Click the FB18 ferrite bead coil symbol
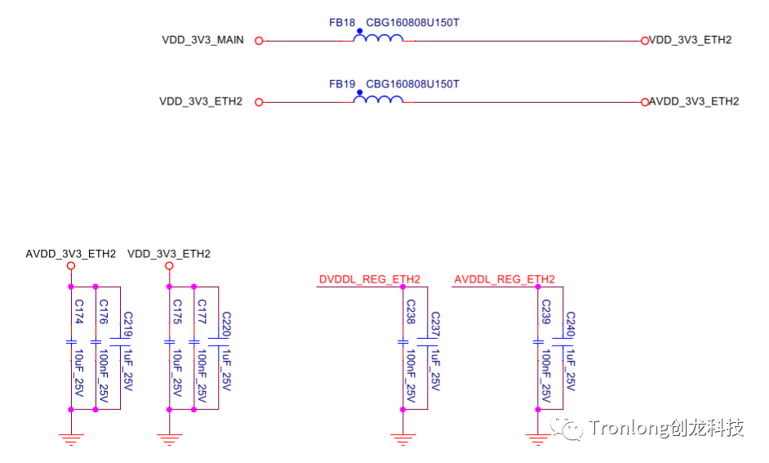[x=378, y=38]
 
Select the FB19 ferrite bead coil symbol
[x=378, y=100]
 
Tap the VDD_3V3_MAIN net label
[x=202, y=40]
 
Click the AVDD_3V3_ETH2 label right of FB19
[x=694, y=101]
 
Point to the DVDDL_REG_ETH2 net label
[x=369, y=280]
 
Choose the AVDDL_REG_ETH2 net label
[x=505, y=280]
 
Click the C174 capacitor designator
[x=79, y=312]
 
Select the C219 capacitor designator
[x=127, y=325]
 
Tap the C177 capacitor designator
[x=202, y=312]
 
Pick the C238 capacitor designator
[x=411, y=312]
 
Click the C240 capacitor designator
[x=571, y=325]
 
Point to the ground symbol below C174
[x=71, y=440]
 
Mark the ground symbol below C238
[x=402, y=440]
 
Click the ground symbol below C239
[x=538, y=440]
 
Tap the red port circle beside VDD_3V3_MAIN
[x=259, y=40]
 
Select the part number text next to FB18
[x=412, y=23]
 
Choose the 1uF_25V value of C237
[x=435, y=367]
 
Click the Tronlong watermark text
[x=665, y=428]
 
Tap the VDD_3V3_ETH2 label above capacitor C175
[x=169, y=254]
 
